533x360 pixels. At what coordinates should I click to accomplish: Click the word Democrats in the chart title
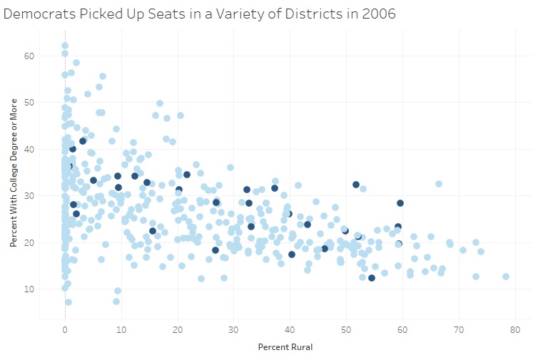(x=36, y=13)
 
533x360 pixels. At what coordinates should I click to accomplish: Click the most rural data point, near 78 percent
(x=505, y=277)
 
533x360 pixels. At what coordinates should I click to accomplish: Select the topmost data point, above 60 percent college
(x=65, y=46)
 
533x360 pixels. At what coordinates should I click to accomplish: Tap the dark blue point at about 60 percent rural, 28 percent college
(x=400, y=203)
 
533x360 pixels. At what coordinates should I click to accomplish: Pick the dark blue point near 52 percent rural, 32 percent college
(x=356, y=185)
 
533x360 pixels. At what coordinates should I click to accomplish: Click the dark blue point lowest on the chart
(x=372, y=278)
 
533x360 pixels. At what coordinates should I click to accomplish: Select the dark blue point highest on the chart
(x=83, y=140)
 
